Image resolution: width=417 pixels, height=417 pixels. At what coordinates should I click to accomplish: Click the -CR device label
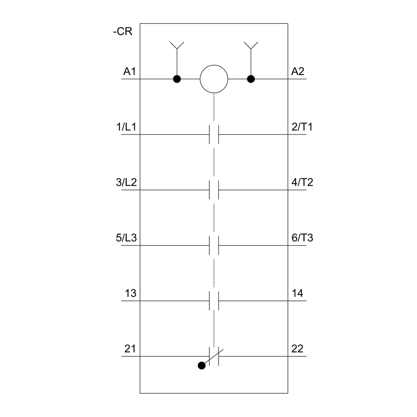(x=123, y=31)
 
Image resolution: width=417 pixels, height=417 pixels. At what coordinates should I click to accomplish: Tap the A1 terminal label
(x=130, y=71)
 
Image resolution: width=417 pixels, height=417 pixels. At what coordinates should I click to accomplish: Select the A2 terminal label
(x=298, y=71)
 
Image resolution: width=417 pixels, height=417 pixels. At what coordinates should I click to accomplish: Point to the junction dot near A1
(x=177, y=79)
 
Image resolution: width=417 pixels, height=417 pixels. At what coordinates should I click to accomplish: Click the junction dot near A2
(x=251, y=79)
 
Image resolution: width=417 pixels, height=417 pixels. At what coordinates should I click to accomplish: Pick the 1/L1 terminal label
(x=126, y=127)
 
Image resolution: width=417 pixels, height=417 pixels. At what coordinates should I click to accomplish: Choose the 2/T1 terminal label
(x=302, y=127)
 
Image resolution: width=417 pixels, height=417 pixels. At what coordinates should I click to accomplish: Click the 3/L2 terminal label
(x=126, y=182)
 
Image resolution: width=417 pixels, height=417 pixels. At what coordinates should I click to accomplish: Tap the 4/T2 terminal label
(x=302, y=182)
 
